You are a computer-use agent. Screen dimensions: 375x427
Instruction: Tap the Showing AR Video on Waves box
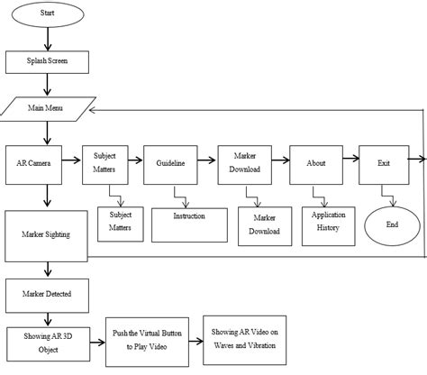(x=244, y=338)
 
